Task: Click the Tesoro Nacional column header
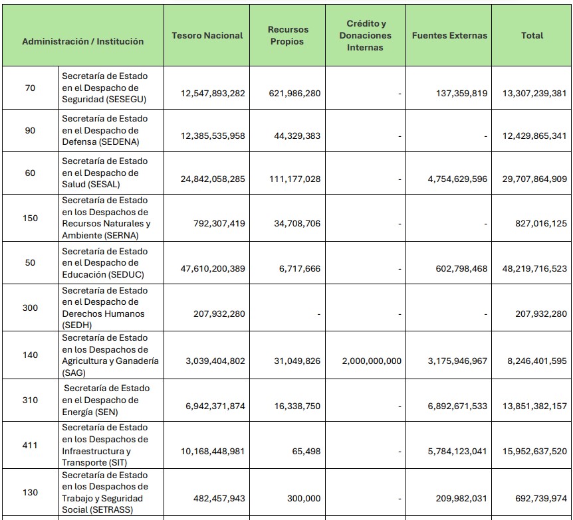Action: tap(207, 35)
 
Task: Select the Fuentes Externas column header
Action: tap(449, 35)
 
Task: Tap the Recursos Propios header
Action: tap(288, 35)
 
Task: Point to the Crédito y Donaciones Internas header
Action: tap(366, 35)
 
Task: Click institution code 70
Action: tap(30, 88)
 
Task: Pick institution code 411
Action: tap(30, 445)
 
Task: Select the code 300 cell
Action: tap(30, 308)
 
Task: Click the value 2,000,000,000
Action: tap(372, 361)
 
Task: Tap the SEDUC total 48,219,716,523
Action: tap(534, 269)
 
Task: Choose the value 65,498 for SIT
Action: tap(306, 452)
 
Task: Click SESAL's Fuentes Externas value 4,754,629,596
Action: tap(457, 179)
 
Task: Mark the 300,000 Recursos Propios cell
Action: tap(304, 499)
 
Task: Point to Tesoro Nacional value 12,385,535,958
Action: tap(213, 136)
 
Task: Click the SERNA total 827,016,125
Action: tap(541, 224)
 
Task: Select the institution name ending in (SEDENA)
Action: tap(105, 130)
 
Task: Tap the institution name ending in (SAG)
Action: tap(110, 355)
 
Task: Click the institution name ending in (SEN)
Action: tap(106, 400)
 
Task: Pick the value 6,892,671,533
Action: tap(457, 406)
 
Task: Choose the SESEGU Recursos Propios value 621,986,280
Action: tap(294, 94)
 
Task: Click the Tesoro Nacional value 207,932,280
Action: tap(219, 313)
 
